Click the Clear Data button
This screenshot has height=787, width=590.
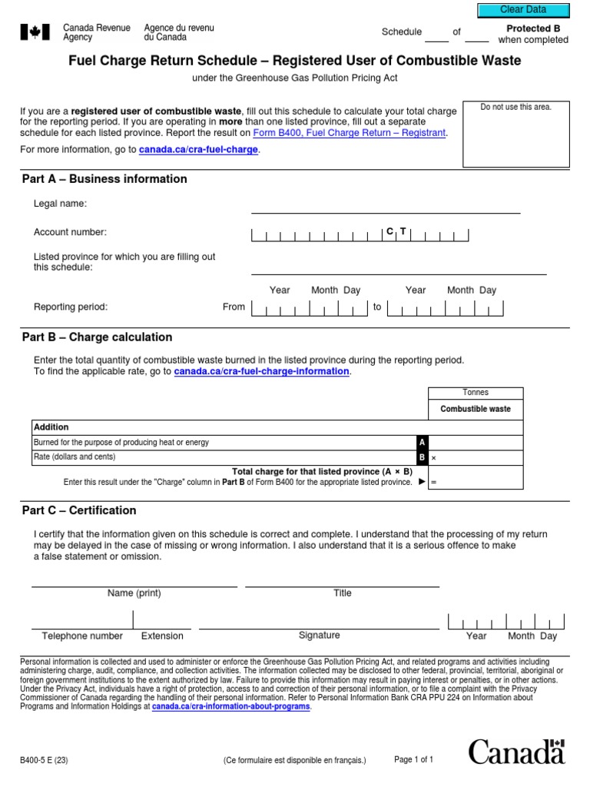(x=523, y=9)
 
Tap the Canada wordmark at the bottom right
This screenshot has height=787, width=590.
(x=516, y=752)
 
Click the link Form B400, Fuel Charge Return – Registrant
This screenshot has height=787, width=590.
(x=349, y=133)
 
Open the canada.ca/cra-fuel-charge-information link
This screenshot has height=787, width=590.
(x=261, y=371)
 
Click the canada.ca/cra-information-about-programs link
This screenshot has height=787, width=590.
(x=231, y=706)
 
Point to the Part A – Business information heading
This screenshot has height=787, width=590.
(x=104, y=179)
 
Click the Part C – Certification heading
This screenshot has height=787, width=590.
(x=79, y=510)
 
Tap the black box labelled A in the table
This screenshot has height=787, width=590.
(x=421, y=443)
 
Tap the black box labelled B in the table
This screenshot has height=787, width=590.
(x=421, y=457)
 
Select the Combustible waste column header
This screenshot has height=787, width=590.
(x=475, y=409)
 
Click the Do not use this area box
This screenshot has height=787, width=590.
(x=515, y=134)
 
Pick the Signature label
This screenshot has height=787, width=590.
(x=319, y=636)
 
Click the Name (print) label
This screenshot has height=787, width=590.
(x=134, y=593)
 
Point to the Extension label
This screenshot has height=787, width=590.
(x=162, y=636)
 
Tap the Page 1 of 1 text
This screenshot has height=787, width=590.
(x=413, y=759)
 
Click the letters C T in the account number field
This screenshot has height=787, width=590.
(x=396, y=231)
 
